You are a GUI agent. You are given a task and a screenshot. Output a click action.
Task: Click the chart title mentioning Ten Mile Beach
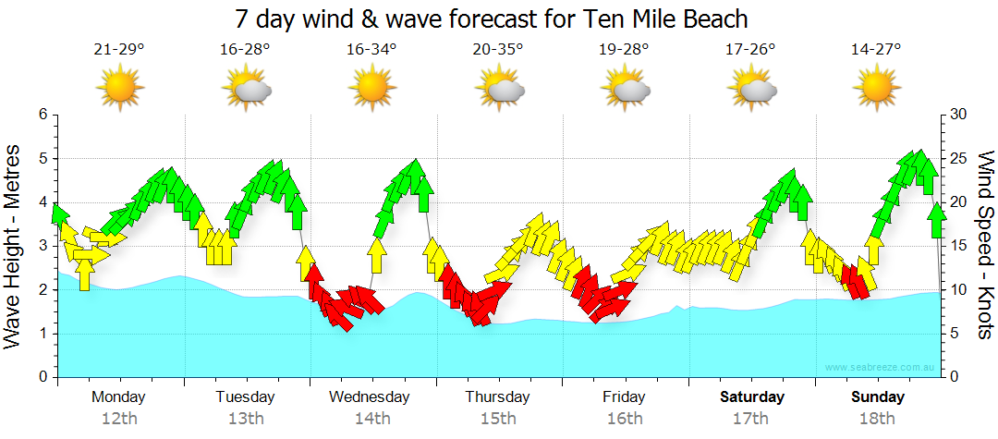[x=491, y=18]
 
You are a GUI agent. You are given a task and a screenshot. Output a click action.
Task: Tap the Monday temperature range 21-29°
[x=119, y=50]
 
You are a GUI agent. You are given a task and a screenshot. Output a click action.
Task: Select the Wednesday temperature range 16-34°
[x=371, y=50]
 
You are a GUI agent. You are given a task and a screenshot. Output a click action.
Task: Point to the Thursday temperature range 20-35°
[x=498, y=50]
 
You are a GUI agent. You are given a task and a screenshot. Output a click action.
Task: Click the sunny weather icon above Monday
[x=120, y=89]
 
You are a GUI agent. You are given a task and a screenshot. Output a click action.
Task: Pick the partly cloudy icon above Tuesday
[x=246, y=89]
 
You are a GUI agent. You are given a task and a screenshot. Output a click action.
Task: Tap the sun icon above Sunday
[x=876, y=89]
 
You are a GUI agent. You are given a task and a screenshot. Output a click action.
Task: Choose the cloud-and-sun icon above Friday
[x=625, y=89]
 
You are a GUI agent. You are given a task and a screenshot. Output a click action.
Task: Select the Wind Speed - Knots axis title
[x=985, y=245]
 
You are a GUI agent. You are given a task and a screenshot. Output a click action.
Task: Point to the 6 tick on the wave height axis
[x=42, y=115]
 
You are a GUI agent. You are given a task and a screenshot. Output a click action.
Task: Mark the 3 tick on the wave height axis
[x=42, y=246]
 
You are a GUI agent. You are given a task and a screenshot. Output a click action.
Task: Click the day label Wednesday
[x=369, y=397]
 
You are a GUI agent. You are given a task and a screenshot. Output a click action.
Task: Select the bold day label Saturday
[x=751, y=397]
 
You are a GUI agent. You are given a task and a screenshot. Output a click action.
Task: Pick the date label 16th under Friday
[x=625, y=419]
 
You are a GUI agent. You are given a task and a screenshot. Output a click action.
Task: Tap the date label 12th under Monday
[x=119, y=419]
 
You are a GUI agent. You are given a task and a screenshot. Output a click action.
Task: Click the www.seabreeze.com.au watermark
[x=882, y=368]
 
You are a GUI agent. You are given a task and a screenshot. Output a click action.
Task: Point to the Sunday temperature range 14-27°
[x=876, y=50]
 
